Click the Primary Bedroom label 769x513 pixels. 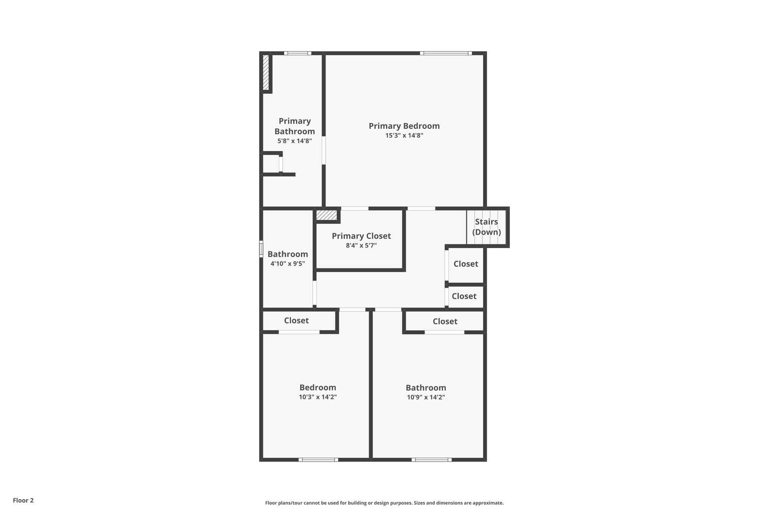pos(404,126)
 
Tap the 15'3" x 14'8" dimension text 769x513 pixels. pos(404,136)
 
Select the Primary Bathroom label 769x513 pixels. pos(294,126)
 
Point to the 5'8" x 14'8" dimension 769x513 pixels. pos(294,141)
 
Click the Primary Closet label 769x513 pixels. pos(361,236)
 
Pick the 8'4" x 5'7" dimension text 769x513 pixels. pos(361,246)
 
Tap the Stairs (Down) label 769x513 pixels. pos(486,227)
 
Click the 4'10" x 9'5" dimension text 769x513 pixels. pos(288,264)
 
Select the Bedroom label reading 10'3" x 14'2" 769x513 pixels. pos(318,387)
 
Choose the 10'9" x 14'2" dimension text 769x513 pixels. pos(426,397)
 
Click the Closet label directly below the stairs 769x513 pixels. pos(466,264)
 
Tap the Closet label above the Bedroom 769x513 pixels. pos(296,321)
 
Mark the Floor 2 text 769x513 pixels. pos(23,500)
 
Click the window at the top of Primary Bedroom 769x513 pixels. pos(446,53)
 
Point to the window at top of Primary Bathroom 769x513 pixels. pos(297,53)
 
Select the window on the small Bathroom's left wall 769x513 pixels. pos(261,249)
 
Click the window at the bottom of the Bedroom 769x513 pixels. pos(318,459)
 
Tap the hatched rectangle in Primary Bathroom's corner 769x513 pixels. pos(266,73)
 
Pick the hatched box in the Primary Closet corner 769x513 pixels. pos(326,215)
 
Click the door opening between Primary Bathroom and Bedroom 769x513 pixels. pos(324,150)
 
